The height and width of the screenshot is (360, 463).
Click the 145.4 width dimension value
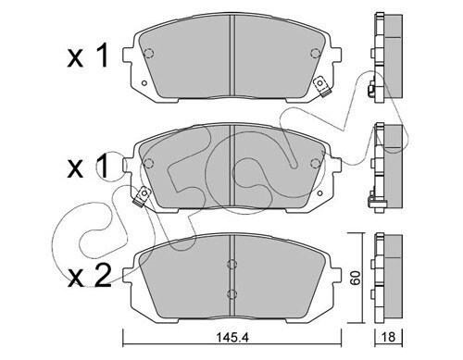click(x=232, y=338)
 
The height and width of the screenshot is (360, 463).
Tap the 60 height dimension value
click(x=356, y=278)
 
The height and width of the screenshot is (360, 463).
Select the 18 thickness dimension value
click(x=388, y=337)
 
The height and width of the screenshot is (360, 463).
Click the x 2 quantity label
click(x=90, y=277)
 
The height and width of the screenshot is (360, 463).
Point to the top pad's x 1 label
click(x=88, y=56)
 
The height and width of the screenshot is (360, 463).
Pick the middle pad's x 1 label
click(x=88, y=167)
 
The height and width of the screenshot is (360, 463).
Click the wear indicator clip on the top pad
click(x=321, y=87)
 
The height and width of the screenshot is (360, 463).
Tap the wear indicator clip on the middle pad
click(x=142, y=196)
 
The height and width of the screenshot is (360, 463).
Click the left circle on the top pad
click(x=149, y=54)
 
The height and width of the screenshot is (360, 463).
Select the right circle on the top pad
click(x=315, y=54)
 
